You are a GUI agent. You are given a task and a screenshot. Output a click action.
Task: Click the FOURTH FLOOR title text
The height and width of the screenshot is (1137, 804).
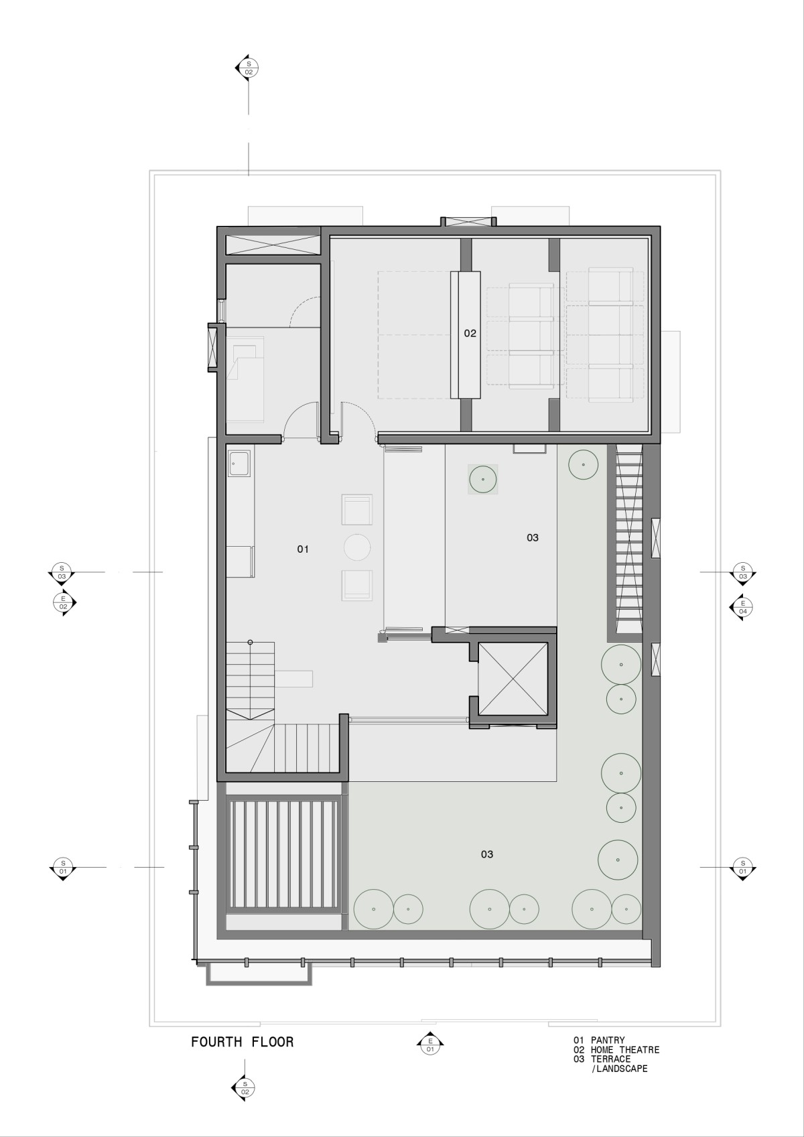tap(242, 1042)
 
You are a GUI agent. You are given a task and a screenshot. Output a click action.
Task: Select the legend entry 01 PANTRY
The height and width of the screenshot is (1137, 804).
tap(599, 1040)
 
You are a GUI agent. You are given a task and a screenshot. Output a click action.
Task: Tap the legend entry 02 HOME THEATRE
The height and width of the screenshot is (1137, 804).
tap(616, 1050)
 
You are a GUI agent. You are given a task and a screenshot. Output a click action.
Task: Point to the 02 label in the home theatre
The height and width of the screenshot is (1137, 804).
tap(470, 334)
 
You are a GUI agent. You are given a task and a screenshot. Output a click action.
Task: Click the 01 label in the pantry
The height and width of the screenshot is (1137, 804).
tap(303, 549)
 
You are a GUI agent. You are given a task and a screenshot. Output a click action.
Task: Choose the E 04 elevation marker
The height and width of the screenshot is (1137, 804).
tap(742, 607)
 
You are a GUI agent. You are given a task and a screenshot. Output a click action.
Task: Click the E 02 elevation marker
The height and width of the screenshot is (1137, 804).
tap(64, 602)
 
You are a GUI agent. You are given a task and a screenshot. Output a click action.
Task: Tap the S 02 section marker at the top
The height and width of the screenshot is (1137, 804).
tap(248, 68)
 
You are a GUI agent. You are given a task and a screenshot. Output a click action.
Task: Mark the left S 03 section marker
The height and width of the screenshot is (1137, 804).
tap(62, 573)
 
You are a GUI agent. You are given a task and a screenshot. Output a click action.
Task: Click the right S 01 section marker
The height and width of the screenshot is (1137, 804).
tap(742, 867)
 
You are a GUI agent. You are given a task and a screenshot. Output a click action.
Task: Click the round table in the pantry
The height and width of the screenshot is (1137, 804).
tap(357, 547)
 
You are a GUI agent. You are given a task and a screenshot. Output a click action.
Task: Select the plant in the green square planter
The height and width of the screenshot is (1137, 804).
tap(482, 479)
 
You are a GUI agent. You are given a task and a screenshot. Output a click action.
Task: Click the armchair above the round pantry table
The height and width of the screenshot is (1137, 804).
tap(357, 509)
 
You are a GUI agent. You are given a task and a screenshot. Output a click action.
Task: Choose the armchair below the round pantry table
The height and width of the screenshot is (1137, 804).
tap(357, 585)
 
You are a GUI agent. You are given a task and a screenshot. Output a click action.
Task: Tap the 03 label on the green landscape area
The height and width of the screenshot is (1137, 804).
tap(487, 854)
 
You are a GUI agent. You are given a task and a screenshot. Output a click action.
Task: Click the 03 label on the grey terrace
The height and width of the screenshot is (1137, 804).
tap(533, 537)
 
